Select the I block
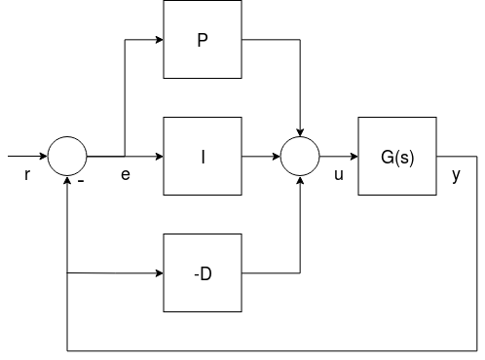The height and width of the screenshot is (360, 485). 203,156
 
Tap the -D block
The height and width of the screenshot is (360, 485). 203,273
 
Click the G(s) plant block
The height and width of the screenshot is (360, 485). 397,156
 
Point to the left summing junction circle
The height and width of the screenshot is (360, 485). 67,156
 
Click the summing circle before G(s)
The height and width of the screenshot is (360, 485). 300,156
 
